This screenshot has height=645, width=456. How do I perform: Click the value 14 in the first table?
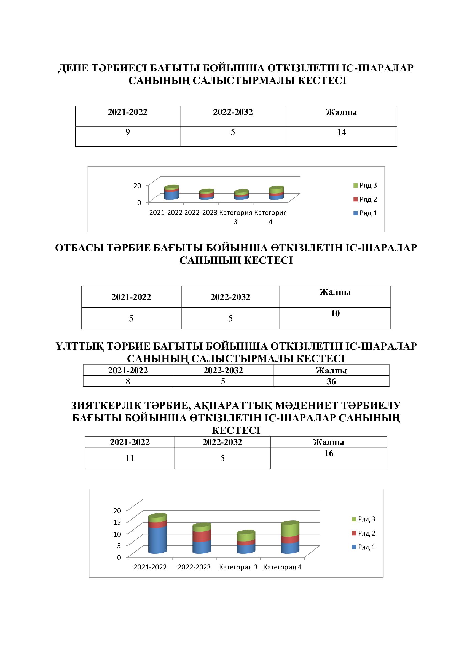click(x=341, y=132)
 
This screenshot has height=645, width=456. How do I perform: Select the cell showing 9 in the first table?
click(x=127, y=132)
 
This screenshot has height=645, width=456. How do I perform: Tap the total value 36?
click(x=331, y=381)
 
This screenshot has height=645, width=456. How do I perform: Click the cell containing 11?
click(x=130, y=458)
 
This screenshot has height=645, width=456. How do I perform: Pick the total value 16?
click(x=329, y=453)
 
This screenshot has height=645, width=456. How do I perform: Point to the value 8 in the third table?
click(x=128, y=381)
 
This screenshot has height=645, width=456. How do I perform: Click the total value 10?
click(x=335, y=313)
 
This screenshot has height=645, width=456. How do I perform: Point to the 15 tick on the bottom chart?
click(x=117, y=522)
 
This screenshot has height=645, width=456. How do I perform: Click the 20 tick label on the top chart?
click(x=137, y=185)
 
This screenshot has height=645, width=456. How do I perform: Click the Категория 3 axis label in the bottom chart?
click(x=238, y=567)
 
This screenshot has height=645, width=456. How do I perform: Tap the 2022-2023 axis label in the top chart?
click(x=201, y=213)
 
